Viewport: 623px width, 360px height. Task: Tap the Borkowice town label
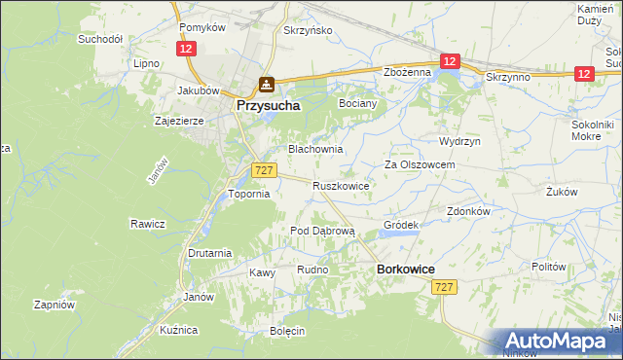click(x=405, y=269)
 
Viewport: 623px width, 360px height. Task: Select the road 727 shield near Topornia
click(x=262, y=169)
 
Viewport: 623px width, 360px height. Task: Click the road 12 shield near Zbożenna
click(x=449, y=61)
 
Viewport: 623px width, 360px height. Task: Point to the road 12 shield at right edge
click(x=584, y=73)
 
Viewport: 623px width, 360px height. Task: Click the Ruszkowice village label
click(x=340, y=185)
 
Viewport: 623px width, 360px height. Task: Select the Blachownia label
click(x=313, y=150)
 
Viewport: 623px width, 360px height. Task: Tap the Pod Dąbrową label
click(x=324, y=231)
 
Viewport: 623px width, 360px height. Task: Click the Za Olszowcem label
click(x=420, y=165)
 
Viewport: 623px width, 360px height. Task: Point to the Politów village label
click(x=549, y=266)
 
